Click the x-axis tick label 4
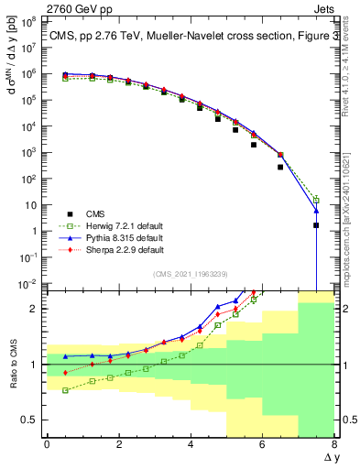click(190, 444)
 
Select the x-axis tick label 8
click(333, 444)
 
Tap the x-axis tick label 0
click(47, 444)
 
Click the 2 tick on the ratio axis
click(35, 309)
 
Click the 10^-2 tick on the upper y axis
click(27, 285)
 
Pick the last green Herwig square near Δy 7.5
click(316, 199)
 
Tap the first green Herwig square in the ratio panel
click(65, 390)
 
